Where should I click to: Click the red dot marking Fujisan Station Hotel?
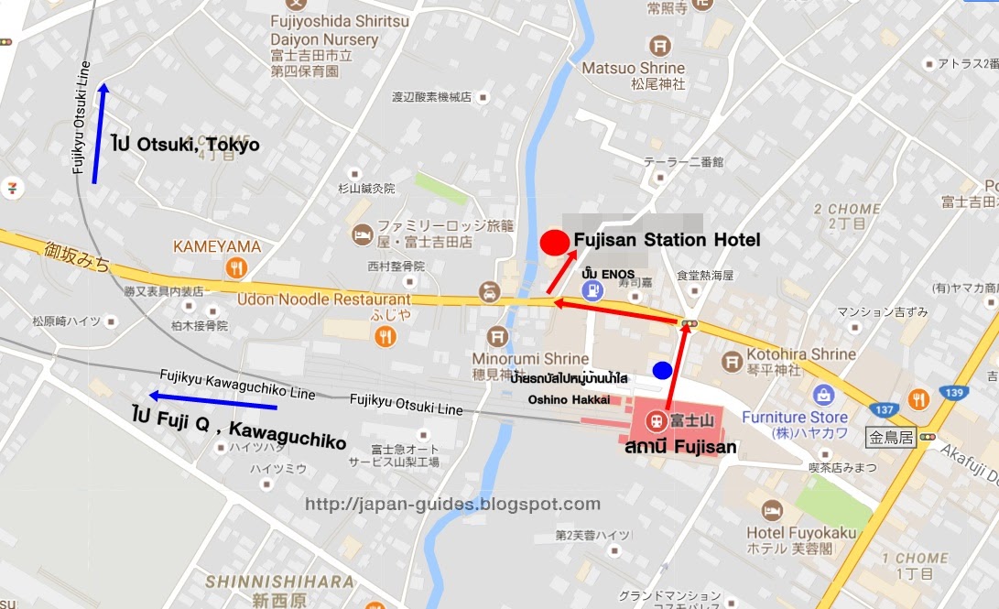pos(553,243)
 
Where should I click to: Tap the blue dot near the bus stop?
pos(661,370)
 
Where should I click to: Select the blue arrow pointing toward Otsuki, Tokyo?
pos(99,133)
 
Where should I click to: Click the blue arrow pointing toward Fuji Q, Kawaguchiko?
pos(212,400)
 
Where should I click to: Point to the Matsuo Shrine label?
pos(633,69)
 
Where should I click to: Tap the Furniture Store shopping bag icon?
pos(823,395)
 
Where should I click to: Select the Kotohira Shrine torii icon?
pos(733,363)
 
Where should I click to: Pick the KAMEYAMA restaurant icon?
pos(238,267)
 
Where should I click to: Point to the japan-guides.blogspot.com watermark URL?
pos(452,505)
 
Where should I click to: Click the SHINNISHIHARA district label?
pos(279,582)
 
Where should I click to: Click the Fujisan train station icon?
pos(656,422)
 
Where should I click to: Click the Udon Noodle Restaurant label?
pos(323,299)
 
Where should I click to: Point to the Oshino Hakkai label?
pos(568,399)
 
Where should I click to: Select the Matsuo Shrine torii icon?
pos(659,45)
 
